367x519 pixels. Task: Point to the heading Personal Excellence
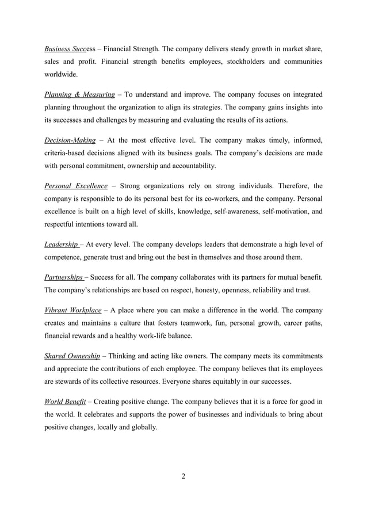coord(76,186)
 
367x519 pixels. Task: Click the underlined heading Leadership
coord(62,244)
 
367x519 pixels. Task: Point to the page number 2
coord(183,476)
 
